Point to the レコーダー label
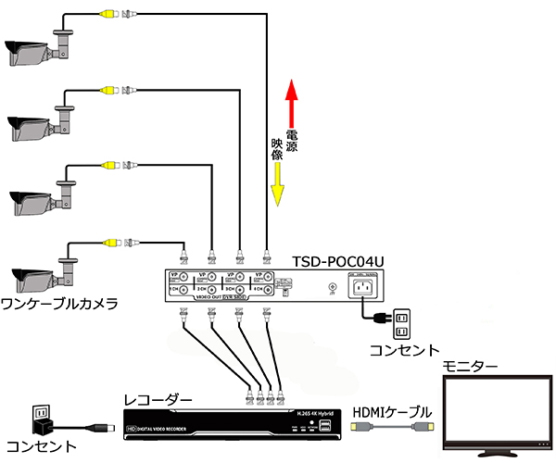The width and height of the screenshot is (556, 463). pos(158,399)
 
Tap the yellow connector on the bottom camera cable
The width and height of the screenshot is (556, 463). pos(110,243)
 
